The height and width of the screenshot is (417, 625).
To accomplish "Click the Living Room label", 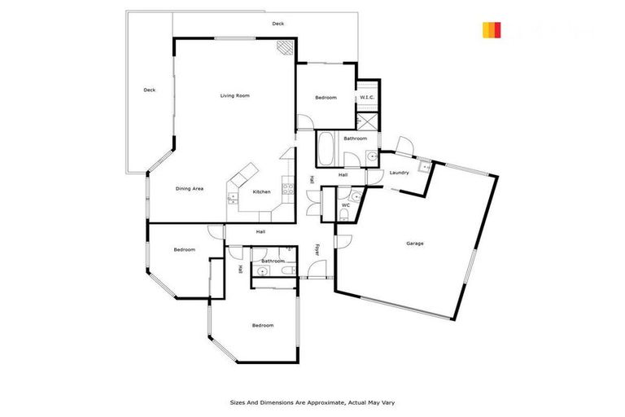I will [x=234, y=95].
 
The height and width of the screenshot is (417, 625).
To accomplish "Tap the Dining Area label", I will [x=189, y=188].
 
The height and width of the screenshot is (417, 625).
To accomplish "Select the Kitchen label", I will [x=261, y=191].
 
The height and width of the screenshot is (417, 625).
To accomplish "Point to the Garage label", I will [x=415, y=243].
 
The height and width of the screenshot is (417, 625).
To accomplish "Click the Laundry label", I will [x=399, y=173].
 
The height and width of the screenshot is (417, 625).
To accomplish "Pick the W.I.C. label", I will [x=367, y=98].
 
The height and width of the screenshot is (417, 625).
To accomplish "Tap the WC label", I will [x=345, y=205].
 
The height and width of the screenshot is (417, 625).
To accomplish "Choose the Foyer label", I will [x=317, y=249].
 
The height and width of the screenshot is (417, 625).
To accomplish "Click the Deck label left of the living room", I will [x=149, y=90].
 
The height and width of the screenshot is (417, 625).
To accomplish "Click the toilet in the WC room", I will [x=343, y=216].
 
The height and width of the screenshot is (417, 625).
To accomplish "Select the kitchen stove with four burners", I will [x=286, y=189].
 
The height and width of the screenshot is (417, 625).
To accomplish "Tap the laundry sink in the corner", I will [x=422, y=167].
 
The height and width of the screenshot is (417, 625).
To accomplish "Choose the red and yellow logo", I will [x=492, y=30].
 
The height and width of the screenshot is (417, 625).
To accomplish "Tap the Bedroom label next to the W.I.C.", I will [x=326, y=98].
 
